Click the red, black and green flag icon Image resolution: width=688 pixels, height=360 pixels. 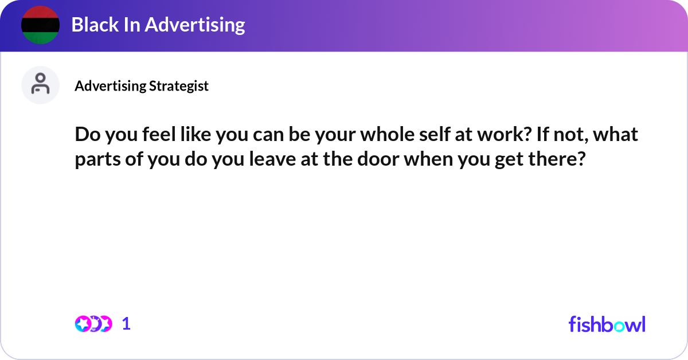pyautogui.click(x=40, y=25)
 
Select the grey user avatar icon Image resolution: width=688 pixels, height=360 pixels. pyautogui.click(x=40, y=85)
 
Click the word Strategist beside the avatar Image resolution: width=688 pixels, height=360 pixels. pyautogui.click(x=179, y=86)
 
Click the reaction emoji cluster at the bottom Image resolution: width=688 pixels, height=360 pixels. pyautogui.click(x=93, y=324)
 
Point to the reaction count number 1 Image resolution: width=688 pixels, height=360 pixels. pyautogui.click(x=127, y=324)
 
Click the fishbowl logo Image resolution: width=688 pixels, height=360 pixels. pyautogui.click(x=607, y=324)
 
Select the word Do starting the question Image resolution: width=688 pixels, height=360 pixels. pyautogui.click(x=85, y=135)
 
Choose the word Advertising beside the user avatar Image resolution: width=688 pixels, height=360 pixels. pyautogui.click(x=110, y=86)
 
